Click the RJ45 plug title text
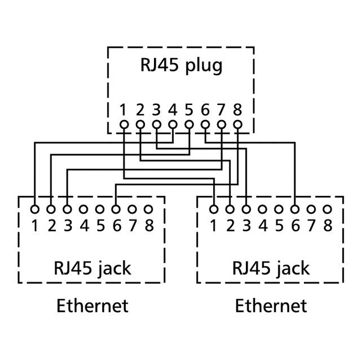coord(181,65)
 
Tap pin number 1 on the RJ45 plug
coord(123,109)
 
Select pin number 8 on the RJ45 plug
coord(238,109)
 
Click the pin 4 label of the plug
coord(173,109)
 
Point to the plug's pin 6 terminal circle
coord(205,124)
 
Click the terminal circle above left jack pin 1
coord(35,209)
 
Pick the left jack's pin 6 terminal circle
coord(116,209)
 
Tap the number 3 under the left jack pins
coord(68,226)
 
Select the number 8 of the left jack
coord(149,226)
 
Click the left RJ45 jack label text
coord(91,267)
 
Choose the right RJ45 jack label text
coord(270,267)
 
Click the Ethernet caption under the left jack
coord(92,306)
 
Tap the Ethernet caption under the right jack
coord(271,306)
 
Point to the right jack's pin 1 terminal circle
coord(214,209)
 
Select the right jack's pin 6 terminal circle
coord(295,209)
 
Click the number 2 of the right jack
coord(230,226)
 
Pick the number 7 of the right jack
coord(311,226)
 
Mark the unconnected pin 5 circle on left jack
coord(100,209)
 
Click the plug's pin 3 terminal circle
coord(157,124)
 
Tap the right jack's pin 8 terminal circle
coord(328,209)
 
